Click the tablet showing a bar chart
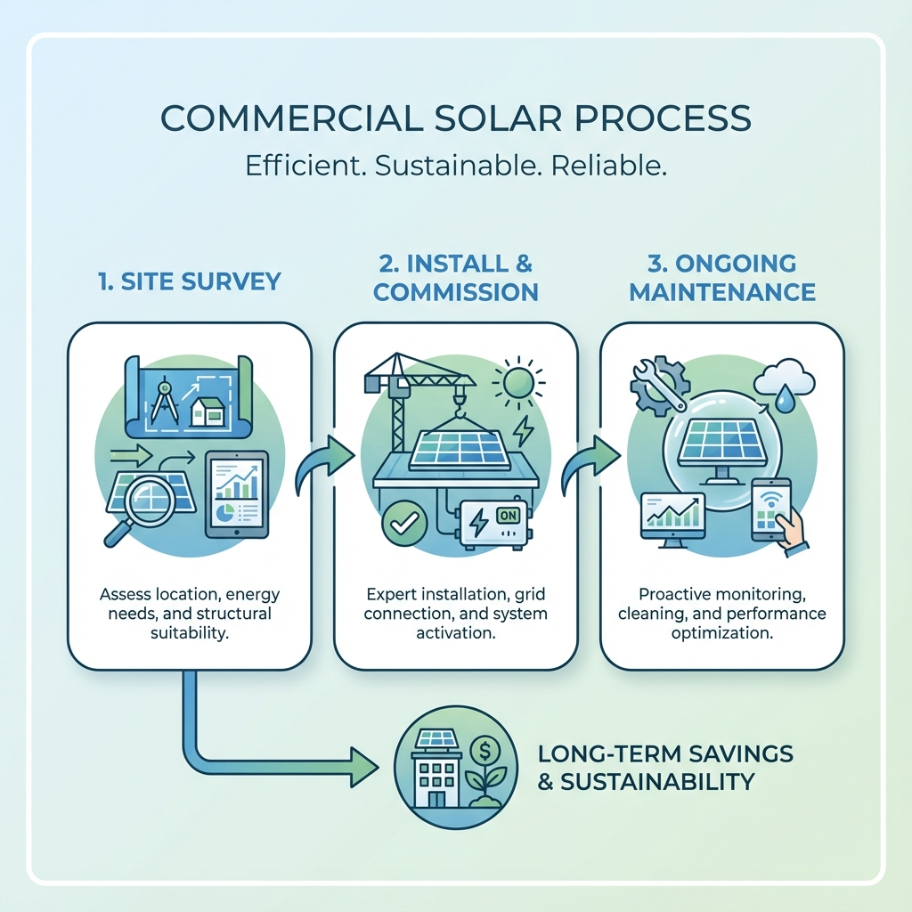pyautogui.click(x=236, y=494)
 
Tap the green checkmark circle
pyautogui.click(x=398, y=523)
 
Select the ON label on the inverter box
pyautogui.click(x=508, y=515)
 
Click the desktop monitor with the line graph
pyautogui.click(x=672, y=518)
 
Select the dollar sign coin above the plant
pyautogui.click(x=486, y=743)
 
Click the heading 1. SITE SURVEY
pyautogui.click(x=189, y=282)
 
